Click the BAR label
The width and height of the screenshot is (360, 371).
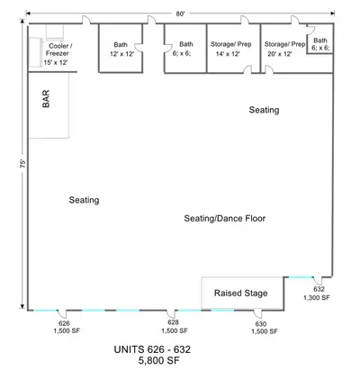46,99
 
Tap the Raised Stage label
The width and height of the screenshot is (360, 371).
240,293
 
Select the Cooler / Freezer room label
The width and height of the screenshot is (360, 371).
58,50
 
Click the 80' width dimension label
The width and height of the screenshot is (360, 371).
180,14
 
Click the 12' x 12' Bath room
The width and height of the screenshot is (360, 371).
121,49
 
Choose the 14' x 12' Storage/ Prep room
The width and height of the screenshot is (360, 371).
233,49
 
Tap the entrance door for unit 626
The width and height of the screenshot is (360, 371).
62,313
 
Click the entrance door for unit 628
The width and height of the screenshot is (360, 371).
171,313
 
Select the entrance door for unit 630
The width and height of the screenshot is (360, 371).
257,313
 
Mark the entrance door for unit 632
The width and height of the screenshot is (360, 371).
318,280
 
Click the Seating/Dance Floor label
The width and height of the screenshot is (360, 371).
225,218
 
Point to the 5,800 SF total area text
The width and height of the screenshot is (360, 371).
159,360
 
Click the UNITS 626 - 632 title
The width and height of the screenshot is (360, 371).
152,349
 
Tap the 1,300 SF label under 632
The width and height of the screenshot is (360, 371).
317,297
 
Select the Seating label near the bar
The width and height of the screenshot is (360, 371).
84,200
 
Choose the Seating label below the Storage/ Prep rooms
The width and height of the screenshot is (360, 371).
264,110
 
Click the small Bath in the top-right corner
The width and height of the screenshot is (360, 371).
320,40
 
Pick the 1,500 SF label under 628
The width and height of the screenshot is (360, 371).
175,330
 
